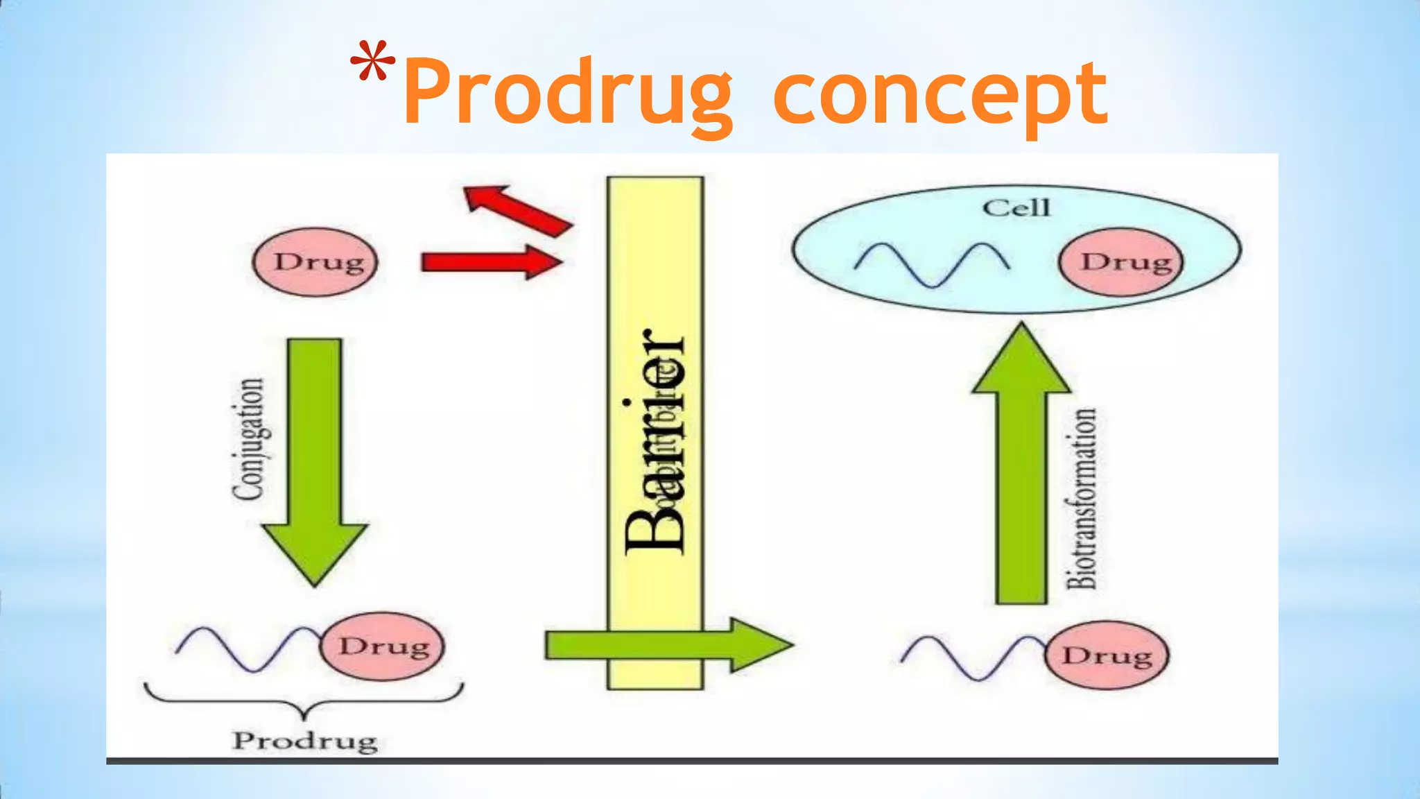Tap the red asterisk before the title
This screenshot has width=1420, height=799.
click(372, 62)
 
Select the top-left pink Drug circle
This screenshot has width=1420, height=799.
click(315, 262)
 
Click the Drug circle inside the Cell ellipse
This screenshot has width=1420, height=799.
click(1121, 262)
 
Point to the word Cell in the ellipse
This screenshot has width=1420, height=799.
click(1016, 207)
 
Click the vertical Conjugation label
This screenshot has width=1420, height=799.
click(248, 438)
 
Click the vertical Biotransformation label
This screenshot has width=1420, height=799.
click(1082, 498)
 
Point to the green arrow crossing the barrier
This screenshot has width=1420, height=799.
click(666, 645)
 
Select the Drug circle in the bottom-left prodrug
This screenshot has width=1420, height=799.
click(382, 646)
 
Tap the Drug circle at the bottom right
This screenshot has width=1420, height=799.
click(1107, 655)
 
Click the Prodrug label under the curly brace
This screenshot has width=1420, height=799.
click(304, 741)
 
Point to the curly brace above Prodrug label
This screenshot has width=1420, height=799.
click(304, 701)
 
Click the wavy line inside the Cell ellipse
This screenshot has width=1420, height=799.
click(931, 264)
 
